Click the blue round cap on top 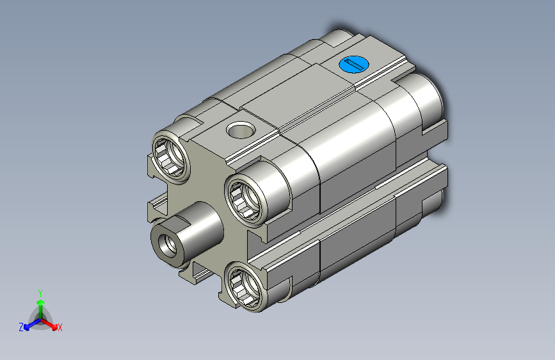click(x=354, y=65)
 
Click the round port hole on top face click(x=241, y=129)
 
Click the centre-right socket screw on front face click(x=245, y=200)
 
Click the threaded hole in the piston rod click(x=168, y=245)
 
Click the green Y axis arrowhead click(x=41, y=303)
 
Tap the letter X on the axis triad click(x=60, y=328)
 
